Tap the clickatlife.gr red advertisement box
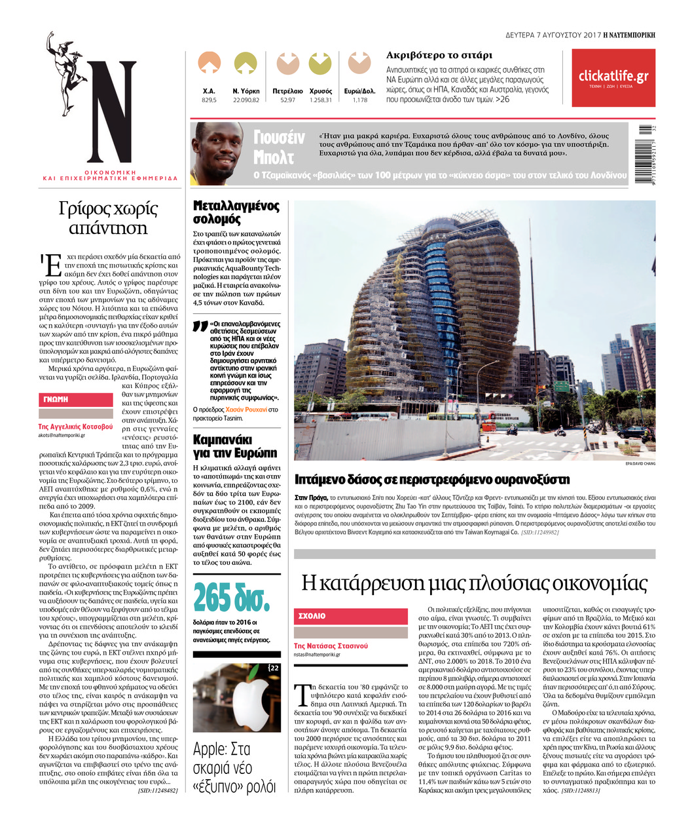tap(613, 78)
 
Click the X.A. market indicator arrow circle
tap(209, 64)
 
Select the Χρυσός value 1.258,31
tap(320, 100)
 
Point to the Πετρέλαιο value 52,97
tap(287, 100)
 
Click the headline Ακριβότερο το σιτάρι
tap(439, 55)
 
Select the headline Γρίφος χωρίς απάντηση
tap(108, 218)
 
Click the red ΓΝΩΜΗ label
tap(56, 399)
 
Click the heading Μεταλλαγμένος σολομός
tap(236, 212)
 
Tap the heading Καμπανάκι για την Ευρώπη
tap(235, 446)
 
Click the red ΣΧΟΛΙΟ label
tap(312, 616)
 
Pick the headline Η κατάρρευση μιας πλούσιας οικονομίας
tap(474, 583)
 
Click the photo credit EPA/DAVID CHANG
tap(640, 463)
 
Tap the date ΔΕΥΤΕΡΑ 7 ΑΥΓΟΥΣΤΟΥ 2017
tap(553, 34)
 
